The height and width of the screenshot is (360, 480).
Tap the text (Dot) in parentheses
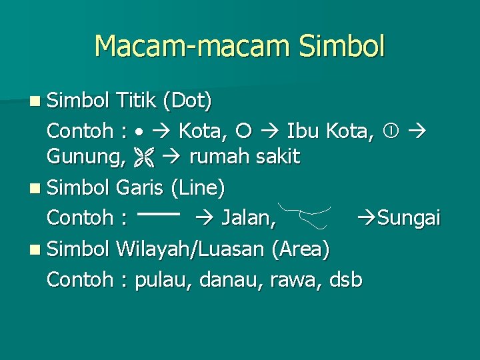tap(190, 103)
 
